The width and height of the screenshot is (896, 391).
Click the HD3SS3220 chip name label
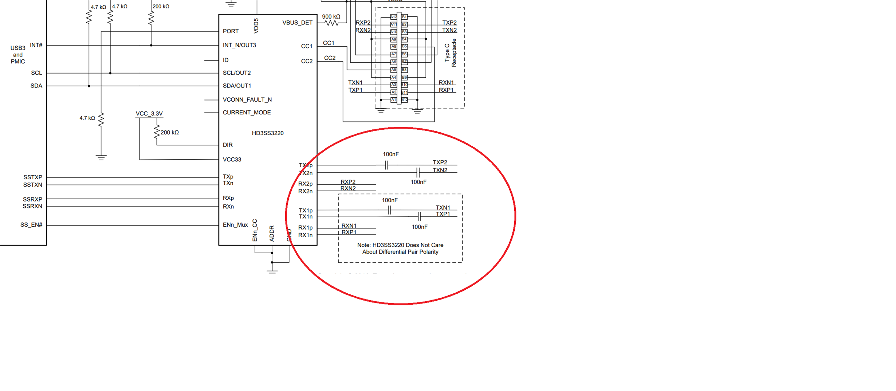click(x=267, y=133)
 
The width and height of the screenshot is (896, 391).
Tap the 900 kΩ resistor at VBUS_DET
click(x=331, y=23)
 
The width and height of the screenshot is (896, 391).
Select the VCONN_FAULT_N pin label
click(x=247, y=100)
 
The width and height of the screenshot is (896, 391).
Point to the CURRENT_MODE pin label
click(x=247, y=113)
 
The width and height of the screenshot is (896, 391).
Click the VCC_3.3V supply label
click(x=149, y=114)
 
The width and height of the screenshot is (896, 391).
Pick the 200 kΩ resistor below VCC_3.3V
click(x=157, y=132)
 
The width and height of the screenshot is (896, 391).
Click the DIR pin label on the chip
click(x=228, y=145)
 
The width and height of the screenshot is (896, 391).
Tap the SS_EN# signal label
click(x=31, y=225)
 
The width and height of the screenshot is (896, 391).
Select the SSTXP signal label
click(x=33, y=177)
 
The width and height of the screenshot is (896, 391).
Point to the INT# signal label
click(x=36, y=45)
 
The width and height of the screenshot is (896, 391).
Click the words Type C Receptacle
click(x=451, y=53)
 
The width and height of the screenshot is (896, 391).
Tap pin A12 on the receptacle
click(x=393, y=17)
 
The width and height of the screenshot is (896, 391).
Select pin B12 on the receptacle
click(x=404, y=99)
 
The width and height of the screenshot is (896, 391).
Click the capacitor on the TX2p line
click(x=387, y=165)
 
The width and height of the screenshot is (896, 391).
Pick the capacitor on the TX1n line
click(x=419, y=216)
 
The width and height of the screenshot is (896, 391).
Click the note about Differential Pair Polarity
click(x=400, y=249)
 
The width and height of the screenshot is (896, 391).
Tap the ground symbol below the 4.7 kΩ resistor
click(x=101, y=157)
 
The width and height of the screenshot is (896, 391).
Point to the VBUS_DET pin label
click(x=297, y=23)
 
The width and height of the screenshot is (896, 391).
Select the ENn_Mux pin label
click(x=235, y=225)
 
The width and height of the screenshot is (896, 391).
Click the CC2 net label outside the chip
click(x=330, y=58)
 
